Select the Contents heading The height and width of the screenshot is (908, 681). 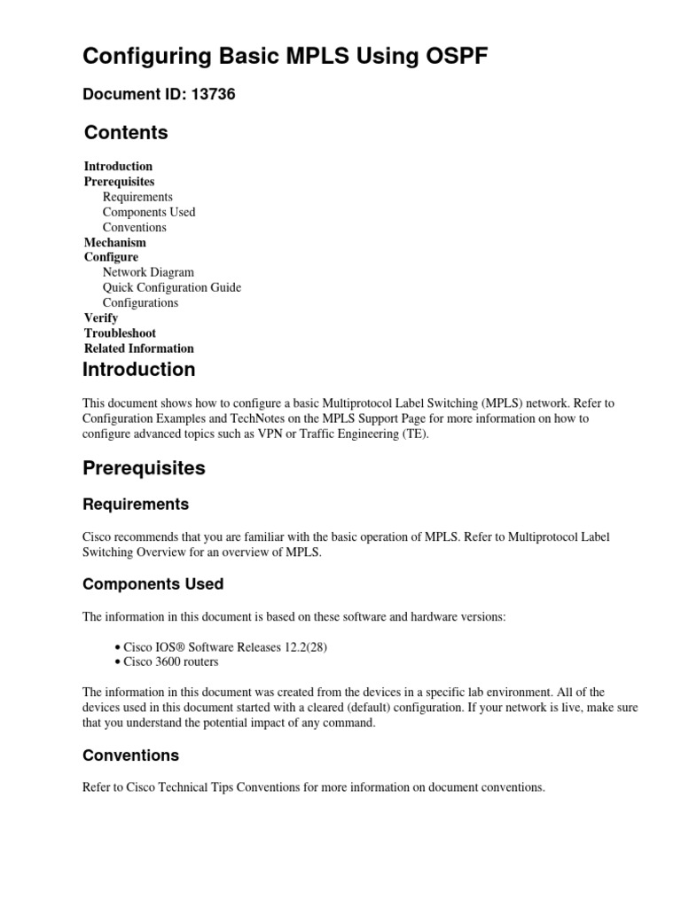click(x=126, y=133)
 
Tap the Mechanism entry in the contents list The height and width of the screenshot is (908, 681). click(x=115, y=242)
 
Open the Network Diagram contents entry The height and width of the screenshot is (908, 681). click(x=148, y=272)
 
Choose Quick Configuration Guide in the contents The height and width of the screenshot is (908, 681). click(x=171, y=287)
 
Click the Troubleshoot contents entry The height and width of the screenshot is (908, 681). click(x=120, y=333)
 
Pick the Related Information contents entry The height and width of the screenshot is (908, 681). click(x=138, y=348)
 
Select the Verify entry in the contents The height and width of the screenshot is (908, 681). click(x=101, y=317)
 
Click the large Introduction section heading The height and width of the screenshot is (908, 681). click(x=138, y=370)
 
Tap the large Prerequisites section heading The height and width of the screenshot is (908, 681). click(x=144, y=468)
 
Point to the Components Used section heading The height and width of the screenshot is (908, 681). click(x=153, y=584)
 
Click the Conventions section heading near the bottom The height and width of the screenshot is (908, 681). click(x=130, y=755)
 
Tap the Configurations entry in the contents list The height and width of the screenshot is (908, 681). click(x=140, y=302)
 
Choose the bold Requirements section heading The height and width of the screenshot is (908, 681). click(x=136, y=505)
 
